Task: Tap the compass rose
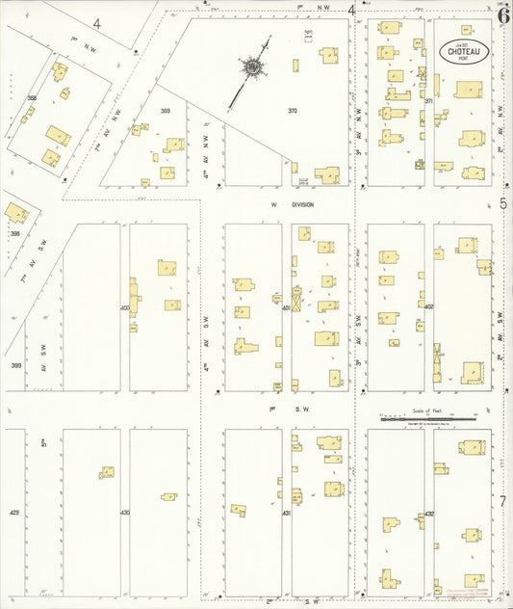254,66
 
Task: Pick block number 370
293,111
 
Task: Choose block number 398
14,234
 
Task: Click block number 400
125,307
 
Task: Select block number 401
287,307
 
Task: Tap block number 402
429,307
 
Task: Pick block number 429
14,513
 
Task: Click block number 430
125,513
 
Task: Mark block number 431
287,514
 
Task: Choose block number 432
429,514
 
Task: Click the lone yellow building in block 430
168,496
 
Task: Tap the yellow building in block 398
16,212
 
